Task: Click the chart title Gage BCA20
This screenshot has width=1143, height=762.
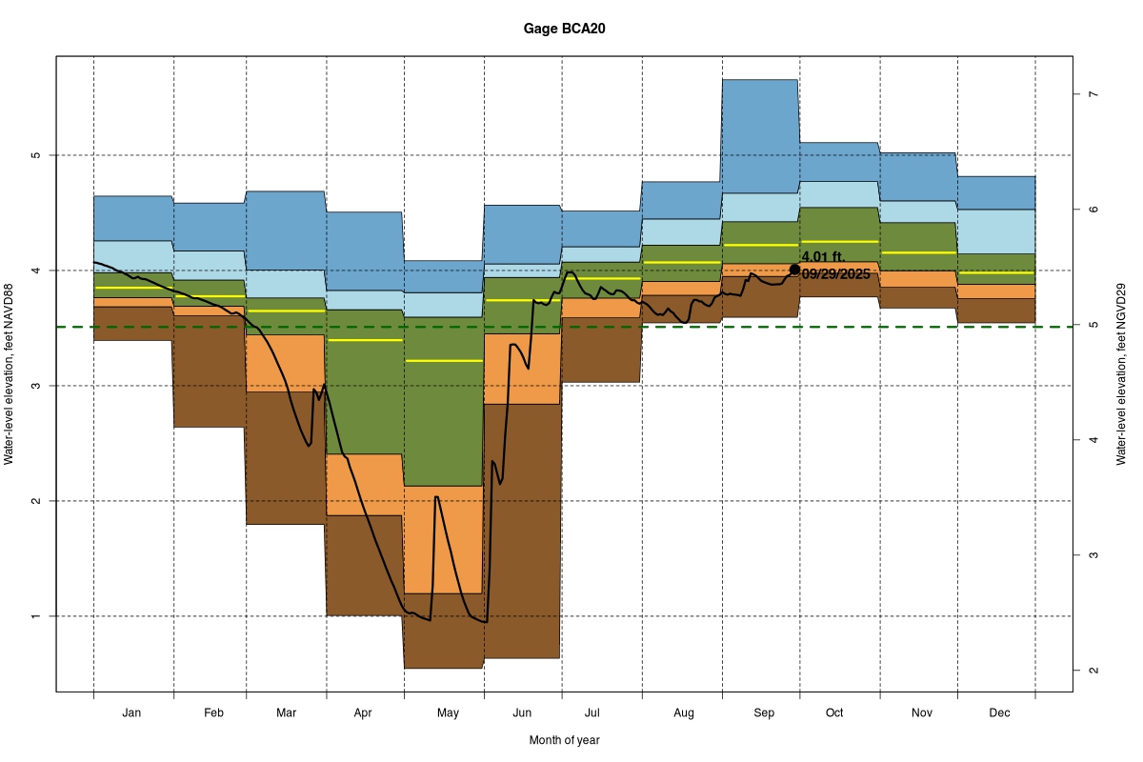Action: click(x=564, y=29)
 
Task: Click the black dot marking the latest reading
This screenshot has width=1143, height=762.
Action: click(x=794, y=270)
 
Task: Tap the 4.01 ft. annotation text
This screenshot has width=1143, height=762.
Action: click(x=823, y=257)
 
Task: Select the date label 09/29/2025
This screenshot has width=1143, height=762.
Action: click(x=836, y=274)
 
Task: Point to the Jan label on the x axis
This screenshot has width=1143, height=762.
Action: click(x=132, y=712)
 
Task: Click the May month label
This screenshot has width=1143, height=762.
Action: click(x=448, y=712)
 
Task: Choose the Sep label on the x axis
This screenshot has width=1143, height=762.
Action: click(x=763, y=712)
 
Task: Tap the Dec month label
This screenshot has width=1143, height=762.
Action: click(x=999, y=712)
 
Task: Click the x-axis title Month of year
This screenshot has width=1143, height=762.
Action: click(x=564, y=740)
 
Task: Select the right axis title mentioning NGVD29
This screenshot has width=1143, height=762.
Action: click(x=1122, y=374)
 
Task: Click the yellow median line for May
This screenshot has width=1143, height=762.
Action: click(x=444, y=361)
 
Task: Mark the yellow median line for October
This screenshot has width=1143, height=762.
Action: click(x=838, y=242)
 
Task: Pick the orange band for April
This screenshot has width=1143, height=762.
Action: click(x=365, y=485)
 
